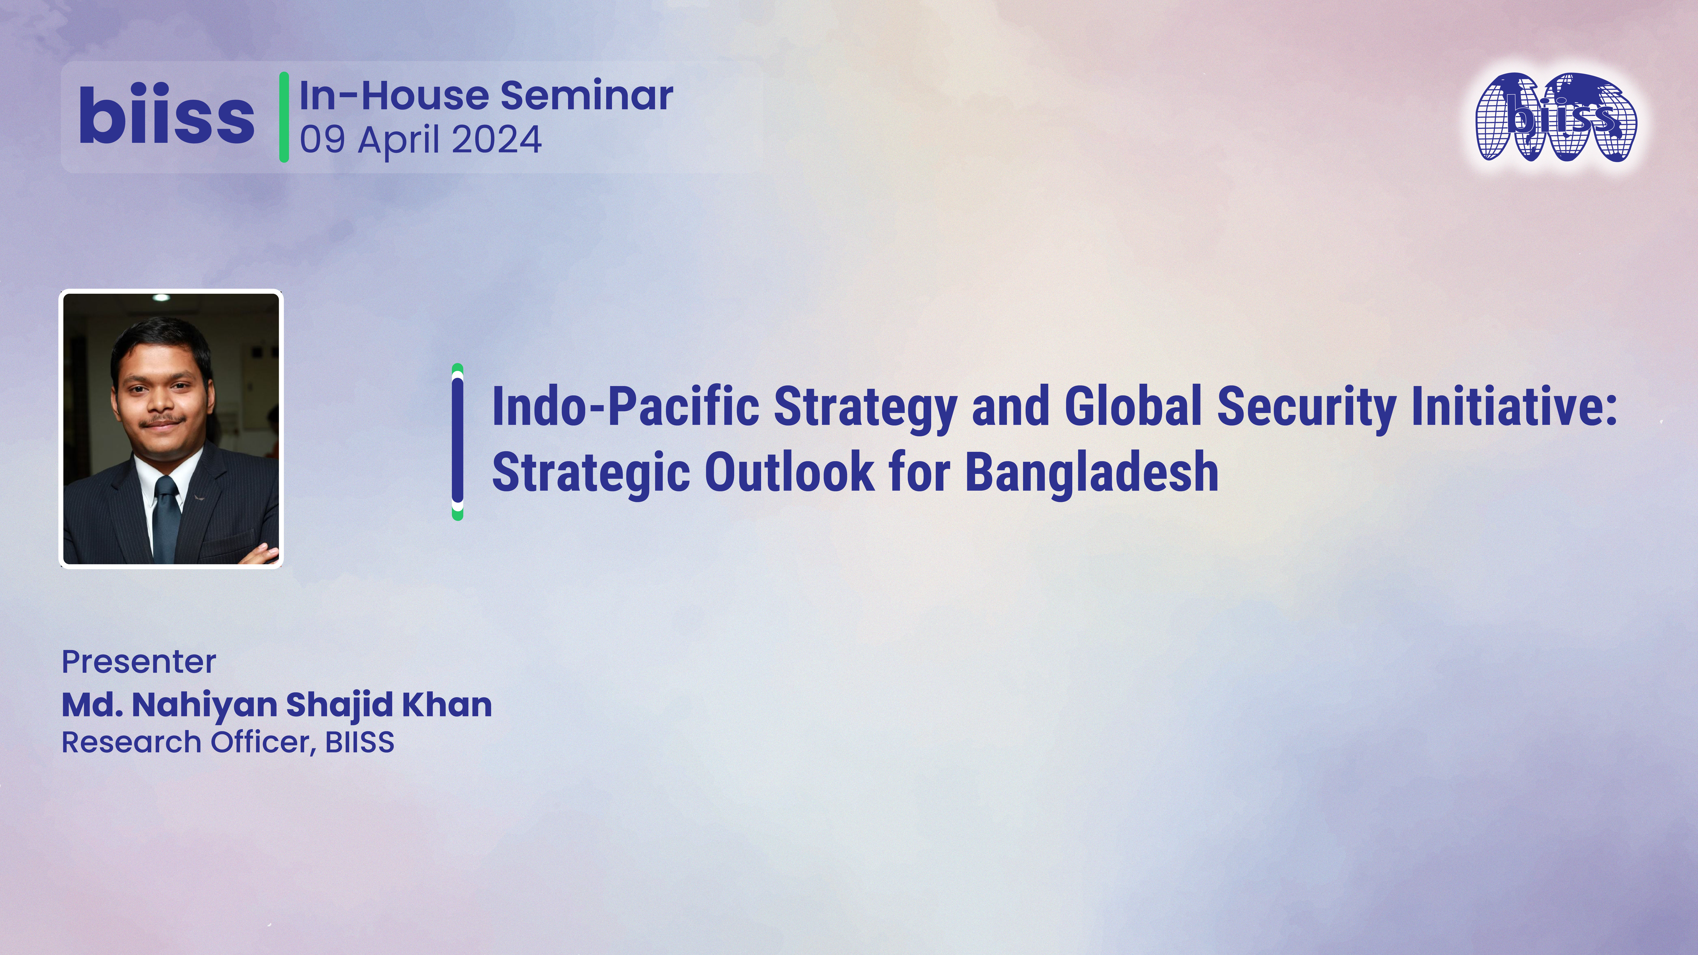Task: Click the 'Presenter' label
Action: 138,662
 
